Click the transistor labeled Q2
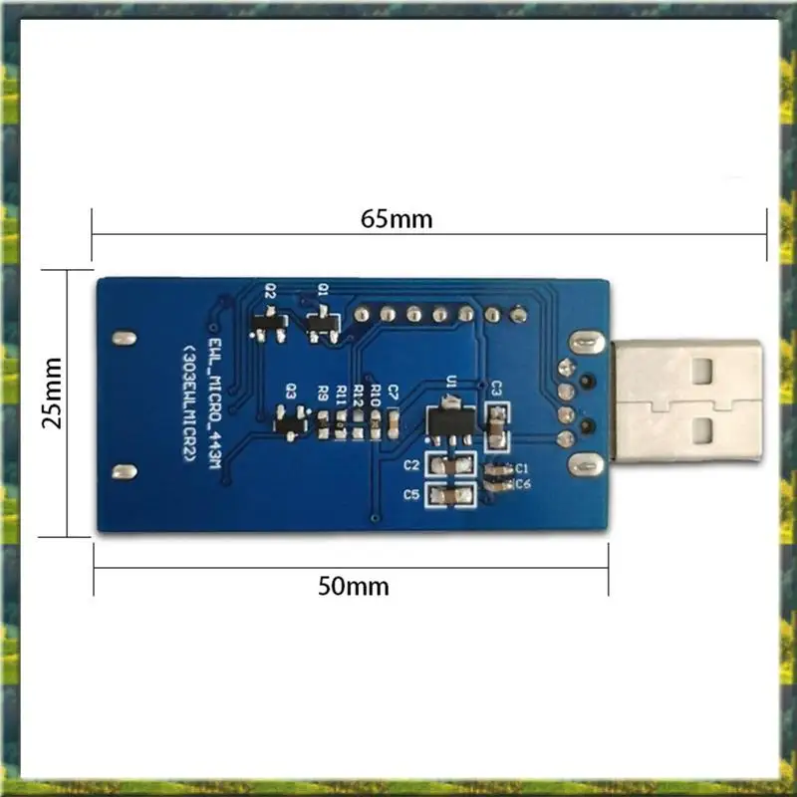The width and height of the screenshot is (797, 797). tap(271, 324)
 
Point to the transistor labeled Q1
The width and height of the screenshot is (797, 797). tap(321, 324)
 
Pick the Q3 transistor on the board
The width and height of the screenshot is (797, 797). tap(290, 425)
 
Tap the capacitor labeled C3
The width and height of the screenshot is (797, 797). tap(495, 425)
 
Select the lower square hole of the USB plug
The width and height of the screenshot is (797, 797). tap(703, 430)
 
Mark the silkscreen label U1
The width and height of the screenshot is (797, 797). tap(450, 381)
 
